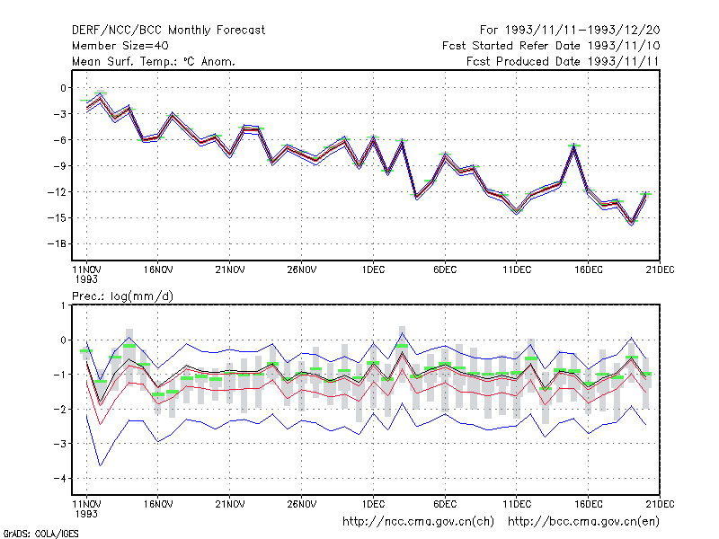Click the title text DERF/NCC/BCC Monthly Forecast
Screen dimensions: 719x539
[x=168, y=31]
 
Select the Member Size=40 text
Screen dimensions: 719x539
[x=120, y=46]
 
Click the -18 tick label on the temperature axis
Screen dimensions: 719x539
[x=57, y=243]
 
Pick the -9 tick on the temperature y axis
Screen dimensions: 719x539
[x=59, y=166]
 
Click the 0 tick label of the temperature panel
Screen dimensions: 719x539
[x=63, y=88]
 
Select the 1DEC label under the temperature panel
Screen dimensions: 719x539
[x=373, y=270]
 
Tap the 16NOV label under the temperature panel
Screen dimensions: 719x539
[x=158, y=270]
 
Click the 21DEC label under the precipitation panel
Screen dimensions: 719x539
[x=660, y=504]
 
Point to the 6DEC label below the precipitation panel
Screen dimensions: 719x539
[x=445, y=504]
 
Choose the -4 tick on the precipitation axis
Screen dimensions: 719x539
[x=59, y=479]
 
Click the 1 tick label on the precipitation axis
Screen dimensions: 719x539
[x=63, y=305]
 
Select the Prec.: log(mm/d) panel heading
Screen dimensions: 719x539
[x=122, y=296]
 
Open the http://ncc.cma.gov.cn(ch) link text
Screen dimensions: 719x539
[x=418, y=522]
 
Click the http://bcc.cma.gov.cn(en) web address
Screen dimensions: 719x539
[x=583, y=522]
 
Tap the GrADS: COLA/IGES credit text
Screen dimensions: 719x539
[x=40, y=534]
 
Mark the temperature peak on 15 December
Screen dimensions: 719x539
[x=574, y=146]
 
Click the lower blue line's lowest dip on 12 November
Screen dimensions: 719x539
[x=101, y=465]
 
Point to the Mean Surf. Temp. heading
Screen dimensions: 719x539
[x=153, y=61]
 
